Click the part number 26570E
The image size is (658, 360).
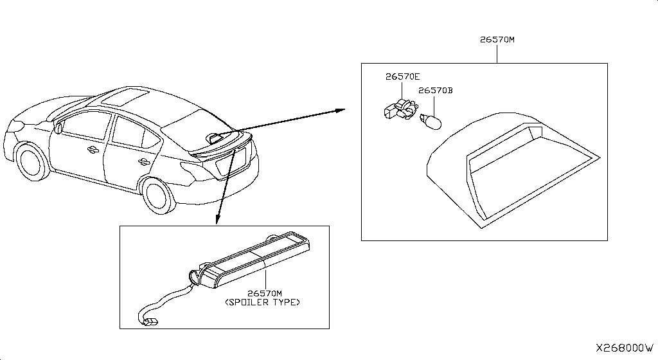(x=402, y=76)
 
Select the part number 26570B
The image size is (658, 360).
(x=436, y=90)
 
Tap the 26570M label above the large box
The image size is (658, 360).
(x=497, y=40)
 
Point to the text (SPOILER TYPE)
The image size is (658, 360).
(x=263, y=302)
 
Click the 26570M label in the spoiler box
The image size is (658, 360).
(x=265, y=294)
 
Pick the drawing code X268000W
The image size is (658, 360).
(x=625, y=348)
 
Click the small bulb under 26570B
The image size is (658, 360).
(x=431, y=122)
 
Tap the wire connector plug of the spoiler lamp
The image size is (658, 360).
(x=150, y=322)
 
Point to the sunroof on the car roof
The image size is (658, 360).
(x=126, y=97)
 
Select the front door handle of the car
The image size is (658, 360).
(x=92, y=149)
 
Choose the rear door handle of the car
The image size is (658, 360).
(x=143, y=161)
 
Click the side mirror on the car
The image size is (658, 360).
(x=58, y=127)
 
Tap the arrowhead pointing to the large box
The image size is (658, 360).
(x=340, y=110)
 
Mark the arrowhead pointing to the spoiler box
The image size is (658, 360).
(x=217, y=219)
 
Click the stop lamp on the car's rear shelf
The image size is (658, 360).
(x=214, y=138)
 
